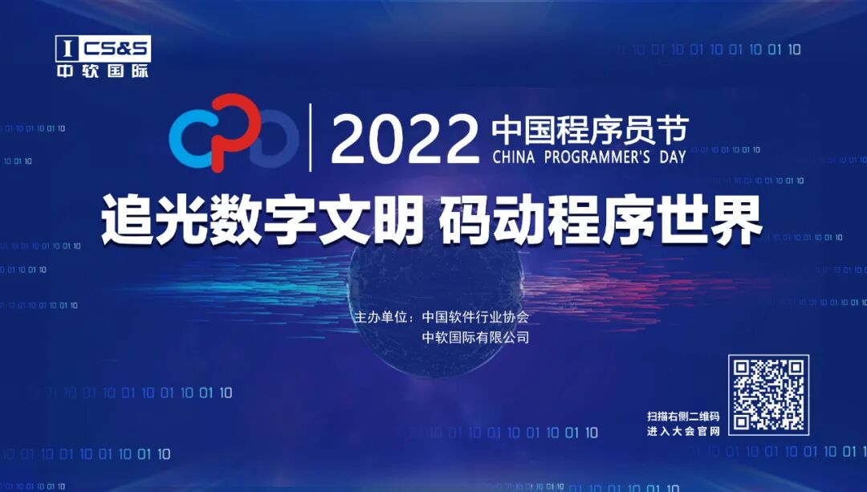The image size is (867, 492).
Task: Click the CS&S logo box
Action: click(103, 49)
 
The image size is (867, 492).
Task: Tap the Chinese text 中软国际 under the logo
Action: click(103, 71)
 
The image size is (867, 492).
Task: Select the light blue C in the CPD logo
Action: click(191, 137)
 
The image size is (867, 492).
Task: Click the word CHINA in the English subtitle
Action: click(516, 156)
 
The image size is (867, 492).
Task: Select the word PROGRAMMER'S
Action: click(599, 156)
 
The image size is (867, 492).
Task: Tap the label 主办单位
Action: click(383, 317)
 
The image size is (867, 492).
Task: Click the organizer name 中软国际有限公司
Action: click(476, 338)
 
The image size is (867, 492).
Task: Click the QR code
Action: click(768, 395)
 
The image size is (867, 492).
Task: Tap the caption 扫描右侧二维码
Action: click(682, 417)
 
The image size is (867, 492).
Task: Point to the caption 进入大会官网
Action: click(682, 432)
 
